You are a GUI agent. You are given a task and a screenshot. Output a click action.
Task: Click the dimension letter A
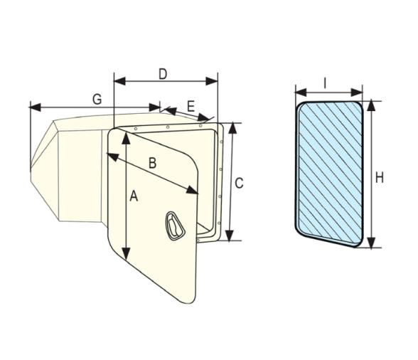(x=133, y=199)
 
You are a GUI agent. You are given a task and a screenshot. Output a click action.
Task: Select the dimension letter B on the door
(x=151, y=162)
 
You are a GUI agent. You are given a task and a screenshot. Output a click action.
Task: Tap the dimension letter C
(x=240, y=183)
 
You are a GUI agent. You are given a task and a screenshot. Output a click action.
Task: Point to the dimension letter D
(x=163, y=73)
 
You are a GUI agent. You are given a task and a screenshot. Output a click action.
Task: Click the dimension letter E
(x=190, y=106)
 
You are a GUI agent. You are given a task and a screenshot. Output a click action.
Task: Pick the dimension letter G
(x=97, y=100)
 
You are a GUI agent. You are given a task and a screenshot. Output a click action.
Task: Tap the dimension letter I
(x=325, y=83)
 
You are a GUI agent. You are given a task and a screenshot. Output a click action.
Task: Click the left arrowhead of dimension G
(x=33, y=107)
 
